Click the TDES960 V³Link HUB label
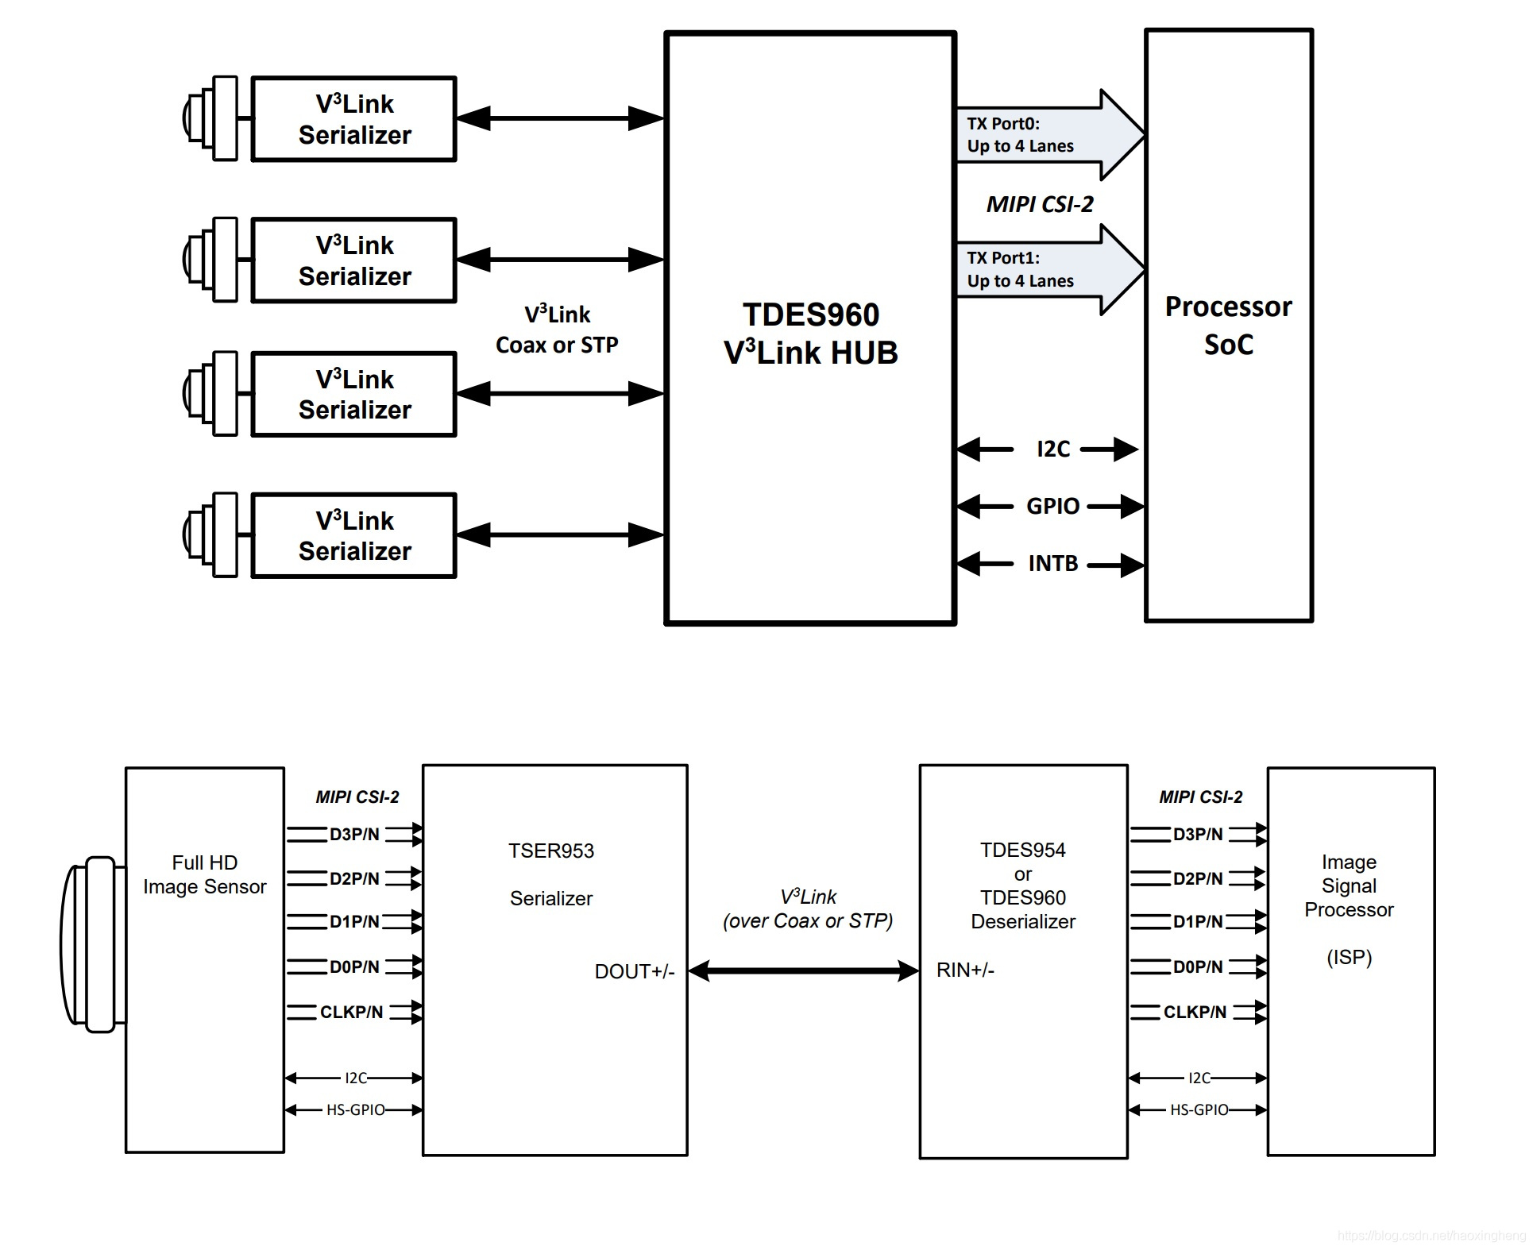tap(810, 334)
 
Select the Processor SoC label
tap(1228, 326)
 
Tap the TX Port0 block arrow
tap(1048, 135)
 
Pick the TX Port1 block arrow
tap(1048, 269)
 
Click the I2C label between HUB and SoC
tap(1053, 449)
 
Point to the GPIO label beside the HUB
tap(1052, 506)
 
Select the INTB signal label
tap(1052, 564)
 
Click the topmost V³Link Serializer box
tap(354, 119)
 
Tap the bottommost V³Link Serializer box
tap(354, 536)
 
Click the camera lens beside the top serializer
tap(208, 118)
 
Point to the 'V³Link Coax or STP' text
tap(557, 330)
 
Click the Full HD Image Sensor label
tap(204, 874)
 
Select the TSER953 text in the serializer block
tap(551, 851)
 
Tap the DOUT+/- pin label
tap(634, 971)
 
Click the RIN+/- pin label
tap(965, 970)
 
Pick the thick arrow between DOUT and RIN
tap(803, 970)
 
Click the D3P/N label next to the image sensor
tap(354, 835)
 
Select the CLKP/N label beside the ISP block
tap(1195, 1012)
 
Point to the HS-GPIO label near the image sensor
tap(355, 1109)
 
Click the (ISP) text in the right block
tap(1349, 957)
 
